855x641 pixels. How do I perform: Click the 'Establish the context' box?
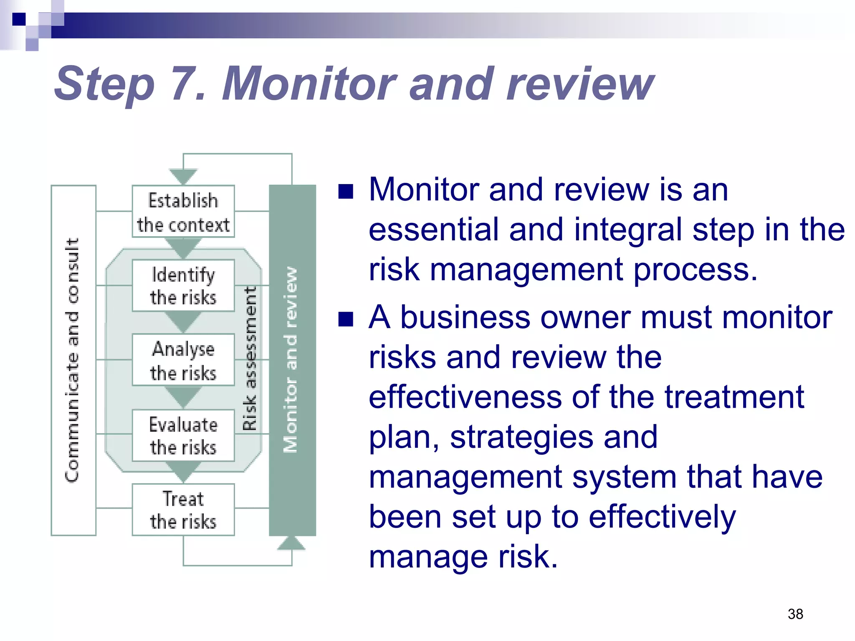point(183,212)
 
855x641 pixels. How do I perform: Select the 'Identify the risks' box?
point(183,286)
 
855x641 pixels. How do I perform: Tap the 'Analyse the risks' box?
point(183,360)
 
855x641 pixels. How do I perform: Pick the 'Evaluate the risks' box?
point(183,435)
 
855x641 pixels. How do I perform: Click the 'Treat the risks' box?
point(183,510)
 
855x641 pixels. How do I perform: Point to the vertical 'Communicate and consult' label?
point(73,360)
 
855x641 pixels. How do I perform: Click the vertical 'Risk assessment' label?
point(250,358)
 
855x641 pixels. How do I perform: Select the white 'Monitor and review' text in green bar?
point(291,360)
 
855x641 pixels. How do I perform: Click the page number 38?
point(795,614)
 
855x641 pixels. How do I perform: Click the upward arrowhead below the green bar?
point(291,543)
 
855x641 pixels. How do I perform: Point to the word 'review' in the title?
point(580,84)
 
